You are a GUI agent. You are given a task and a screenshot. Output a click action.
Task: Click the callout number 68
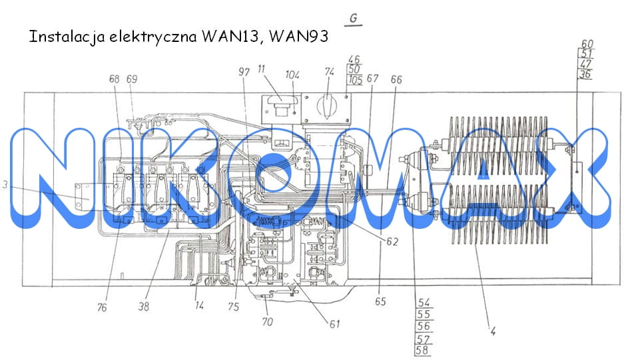pyautogui.click(x=115, y=79)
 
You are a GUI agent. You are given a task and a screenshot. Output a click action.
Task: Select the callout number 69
pyautogui.click(x=132, y=79)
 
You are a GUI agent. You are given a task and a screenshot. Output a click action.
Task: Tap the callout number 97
pyautogui.click(x=244, y=72)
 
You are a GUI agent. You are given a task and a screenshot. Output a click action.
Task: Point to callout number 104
pyautogui.click(x=292, y=75)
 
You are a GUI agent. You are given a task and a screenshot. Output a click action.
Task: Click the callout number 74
pyautogui.click(x=329, y=72)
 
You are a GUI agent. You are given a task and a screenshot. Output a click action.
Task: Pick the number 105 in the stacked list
pyautogui.click(x=356, y=80)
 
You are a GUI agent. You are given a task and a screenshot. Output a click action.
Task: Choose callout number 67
pyautogui.click(x=372, y=79)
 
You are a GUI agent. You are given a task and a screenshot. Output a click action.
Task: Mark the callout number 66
pyautogui.click(x=396, y=80)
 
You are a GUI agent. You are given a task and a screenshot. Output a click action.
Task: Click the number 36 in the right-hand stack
pyautogui.click(x=585, y=74)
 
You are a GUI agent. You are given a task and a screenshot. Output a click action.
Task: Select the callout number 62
pyautogui.click(x=392, y=242)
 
